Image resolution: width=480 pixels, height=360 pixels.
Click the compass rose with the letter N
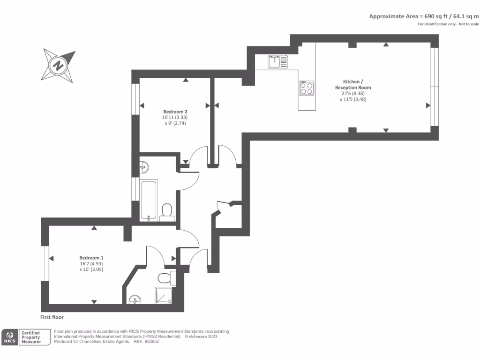[x=58, y=65]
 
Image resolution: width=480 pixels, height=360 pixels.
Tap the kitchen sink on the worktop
[x=277, y=61]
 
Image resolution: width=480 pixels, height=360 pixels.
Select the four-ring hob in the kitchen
[x=307, y=88]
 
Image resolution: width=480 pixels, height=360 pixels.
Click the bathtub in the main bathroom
[x=149, y=200]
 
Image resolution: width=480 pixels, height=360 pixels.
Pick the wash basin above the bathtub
[x=144, y=166]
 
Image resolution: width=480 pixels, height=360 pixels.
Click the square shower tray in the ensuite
[x=164, y=295]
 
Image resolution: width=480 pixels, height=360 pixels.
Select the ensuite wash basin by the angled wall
[x=135, y=300]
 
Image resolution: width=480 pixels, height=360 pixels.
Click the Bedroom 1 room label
[x=91, y=258]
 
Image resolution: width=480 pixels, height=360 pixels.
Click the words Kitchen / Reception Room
[x=353, y=84]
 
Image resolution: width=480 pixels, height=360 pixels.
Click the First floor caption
[x=52, y=317]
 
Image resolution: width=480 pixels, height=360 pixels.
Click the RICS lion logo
[x=9, y=337]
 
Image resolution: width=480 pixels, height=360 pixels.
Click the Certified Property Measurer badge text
[x=31, y=337]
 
